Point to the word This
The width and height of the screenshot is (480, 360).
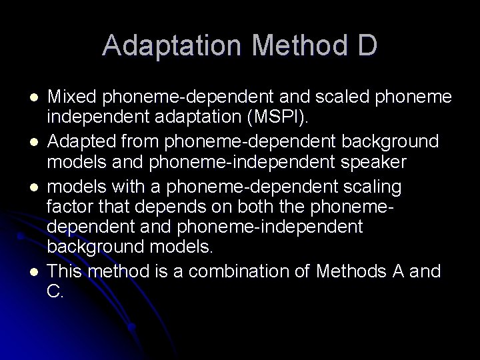tap(67, 271)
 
